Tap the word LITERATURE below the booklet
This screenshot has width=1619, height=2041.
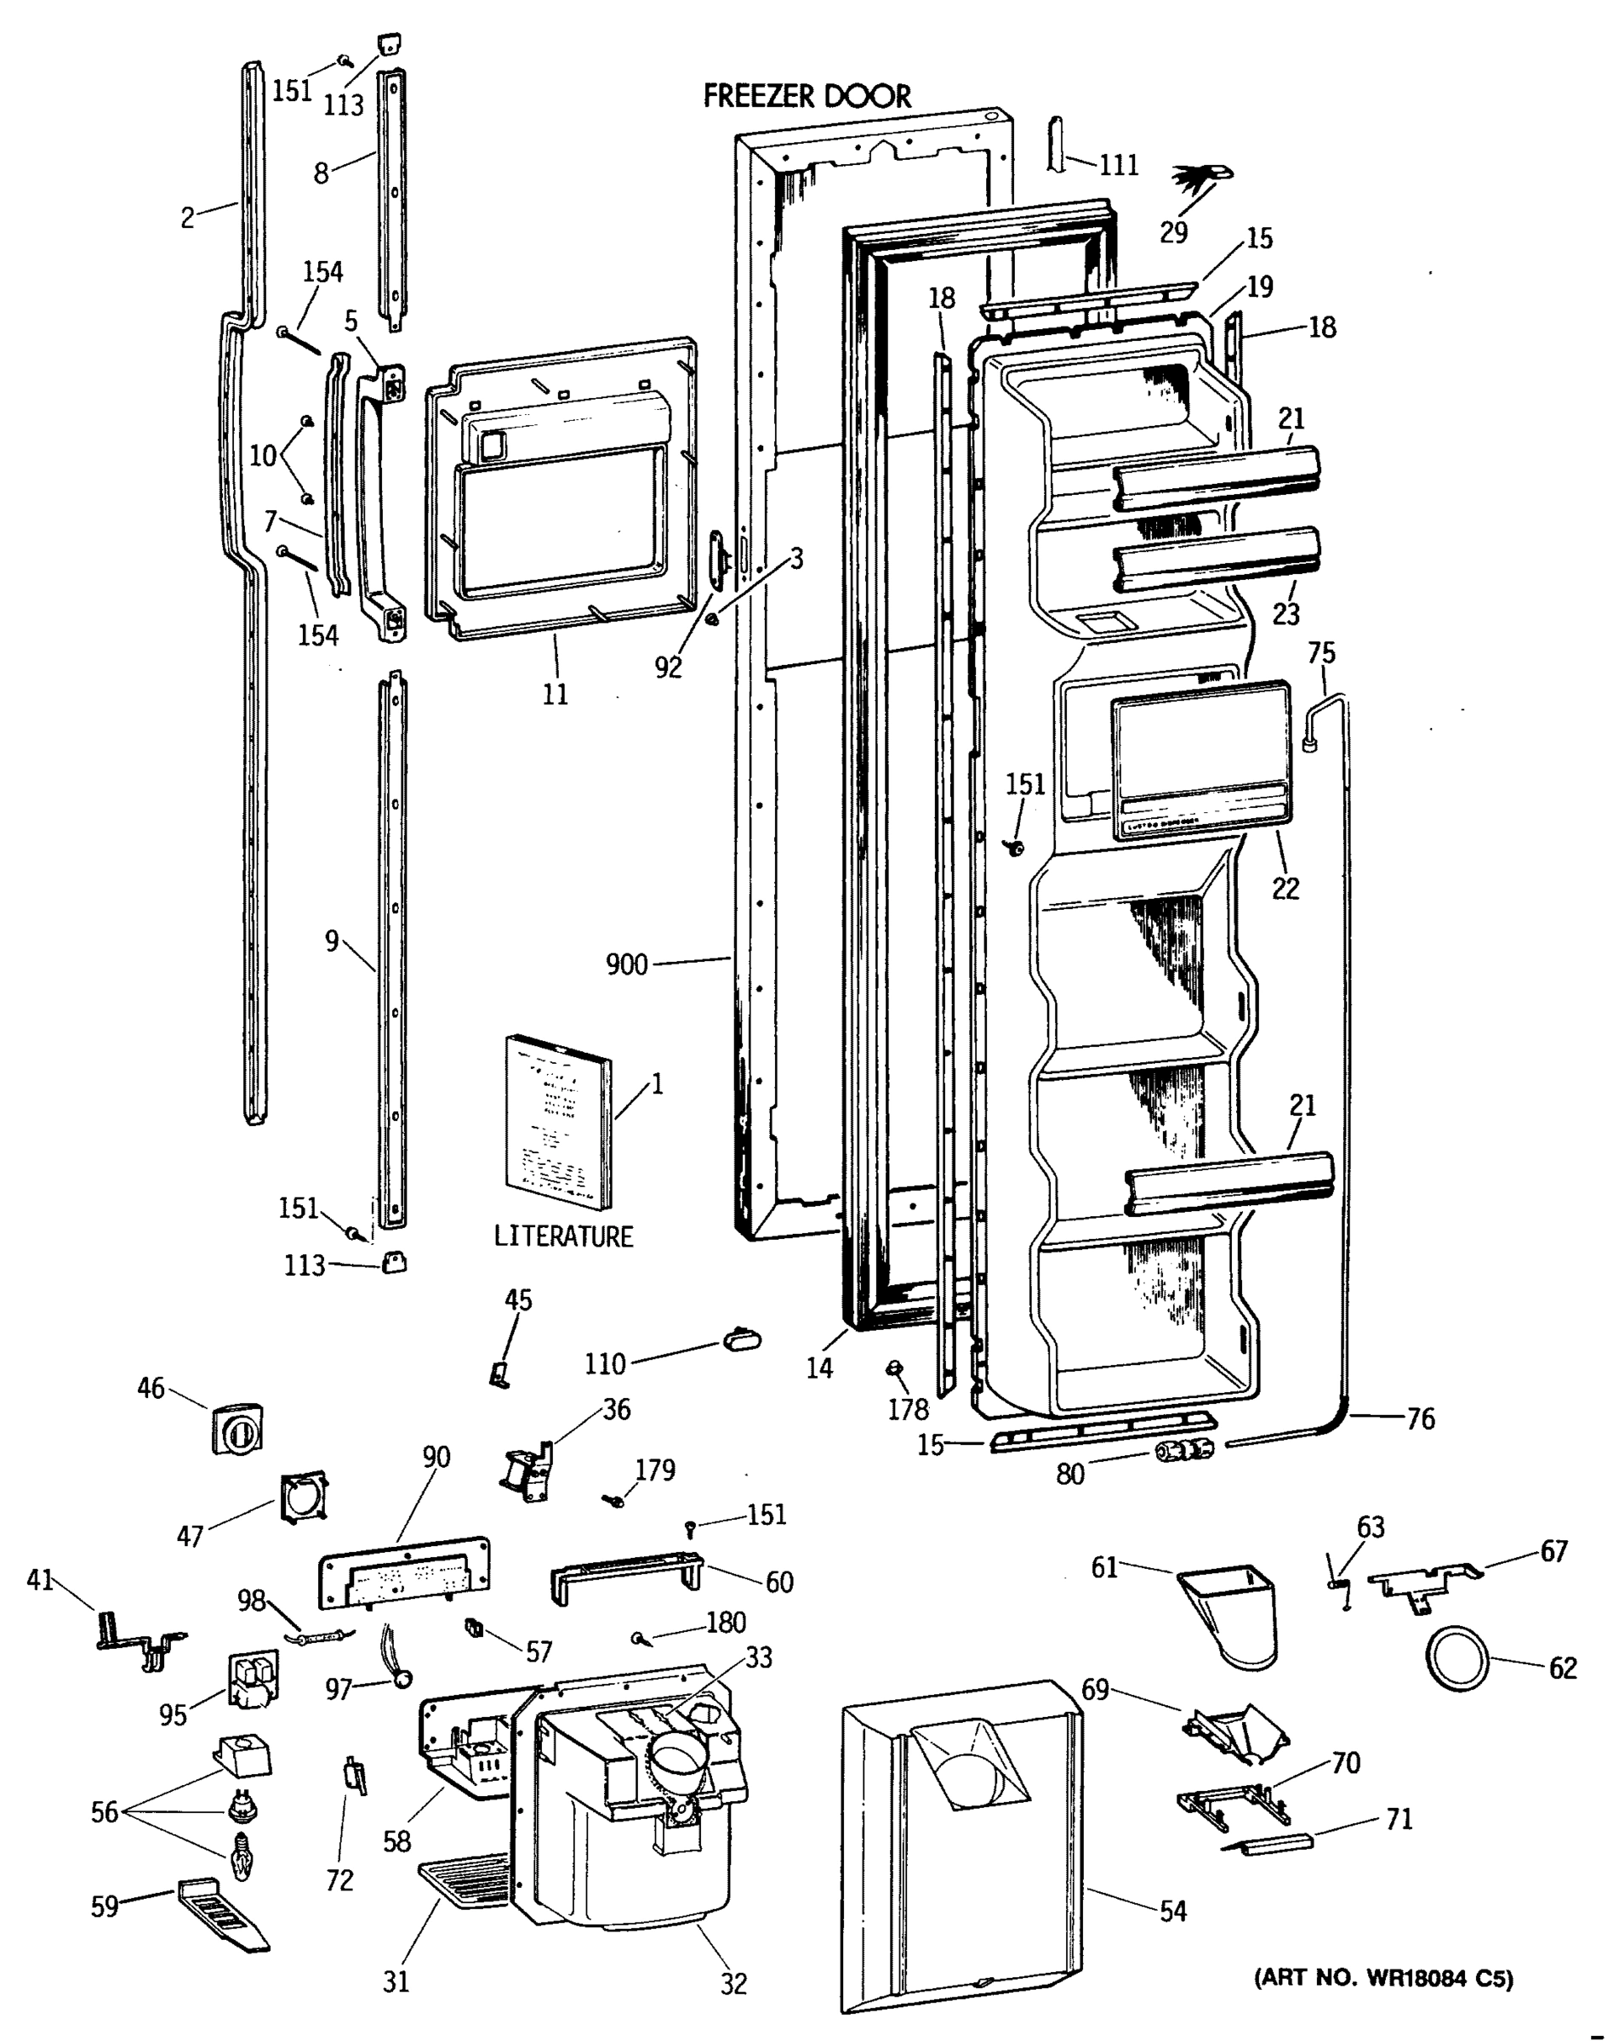(x=563, y=1237)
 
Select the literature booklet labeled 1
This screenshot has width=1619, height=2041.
(x=559, y=1122)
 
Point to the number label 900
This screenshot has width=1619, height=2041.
(x=627, y=964)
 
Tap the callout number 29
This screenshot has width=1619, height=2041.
(x=1173, y=232)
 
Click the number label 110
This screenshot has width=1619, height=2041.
(x=604, y=1363)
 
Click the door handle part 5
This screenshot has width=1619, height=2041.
(x=380, y=502)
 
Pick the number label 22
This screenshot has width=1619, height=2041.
(x=1285, y=887)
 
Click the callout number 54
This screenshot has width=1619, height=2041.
(x=1172, y=1910)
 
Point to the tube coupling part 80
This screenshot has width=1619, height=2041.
(x=1183, y=1449)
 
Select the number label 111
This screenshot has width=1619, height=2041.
(x=1118, y=165)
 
